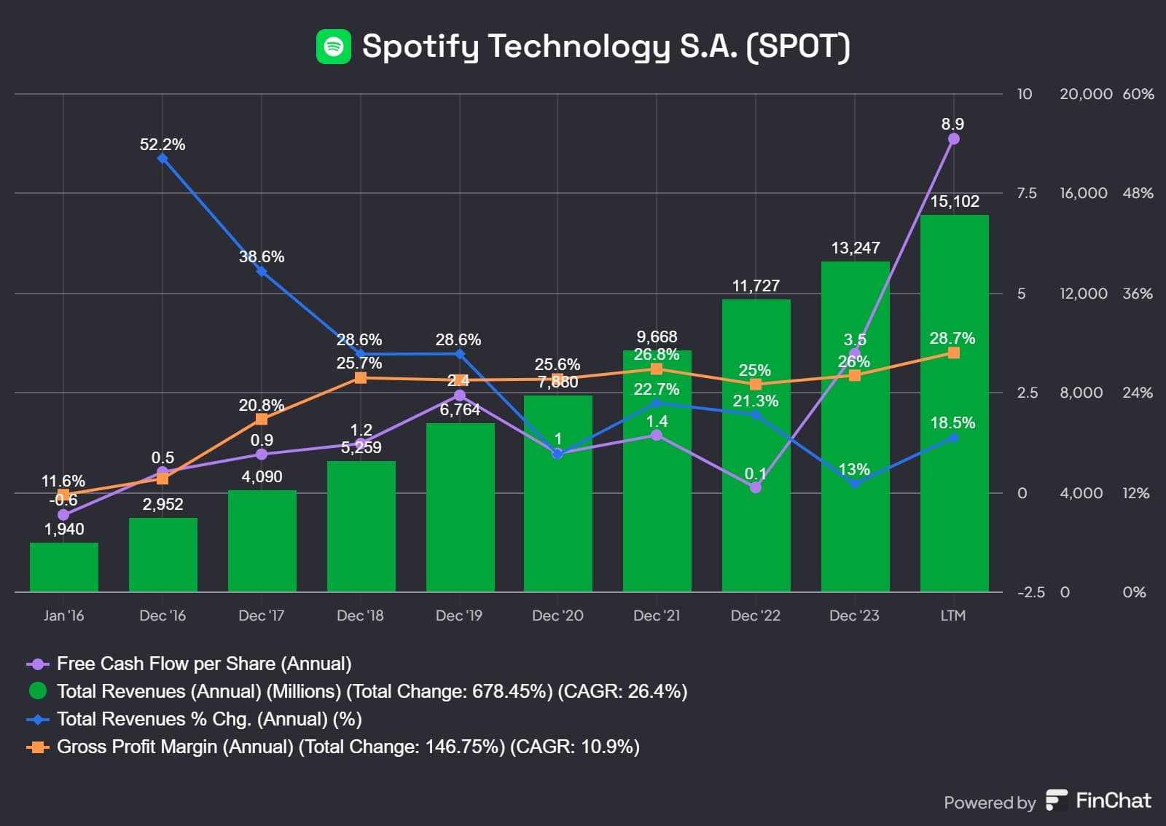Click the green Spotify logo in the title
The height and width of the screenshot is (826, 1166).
click(334, 47)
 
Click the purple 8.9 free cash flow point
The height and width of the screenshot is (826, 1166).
click(953, 139)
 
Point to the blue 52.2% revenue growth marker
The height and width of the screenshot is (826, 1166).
click(163, 158)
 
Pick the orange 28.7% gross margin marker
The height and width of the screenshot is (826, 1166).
click(953, 353)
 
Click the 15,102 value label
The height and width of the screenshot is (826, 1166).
click(955, 202)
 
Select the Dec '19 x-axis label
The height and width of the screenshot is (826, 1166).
click(459, 615)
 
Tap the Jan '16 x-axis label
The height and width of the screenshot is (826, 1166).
click(63, 615)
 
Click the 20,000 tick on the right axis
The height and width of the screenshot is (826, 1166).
click(1085, 94)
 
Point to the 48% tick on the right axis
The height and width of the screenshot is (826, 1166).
click(1138, 193)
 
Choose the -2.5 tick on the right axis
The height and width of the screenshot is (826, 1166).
click(1030, 592)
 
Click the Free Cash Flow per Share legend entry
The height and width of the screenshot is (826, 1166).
click(204, 664)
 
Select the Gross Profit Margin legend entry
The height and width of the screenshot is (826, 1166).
click(348, 747)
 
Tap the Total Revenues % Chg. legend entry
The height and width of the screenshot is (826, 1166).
click(209, 719)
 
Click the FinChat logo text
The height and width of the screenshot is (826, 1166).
click(1113, 801)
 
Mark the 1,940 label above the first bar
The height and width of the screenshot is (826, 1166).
click(64, 530)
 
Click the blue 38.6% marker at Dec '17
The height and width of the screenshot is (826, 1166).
click(262, 271)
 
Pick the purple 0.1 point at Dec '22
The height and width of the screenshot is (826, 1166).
click(756, 487)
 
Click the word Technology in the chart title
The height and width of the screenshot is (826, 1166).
click(579, 46)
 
